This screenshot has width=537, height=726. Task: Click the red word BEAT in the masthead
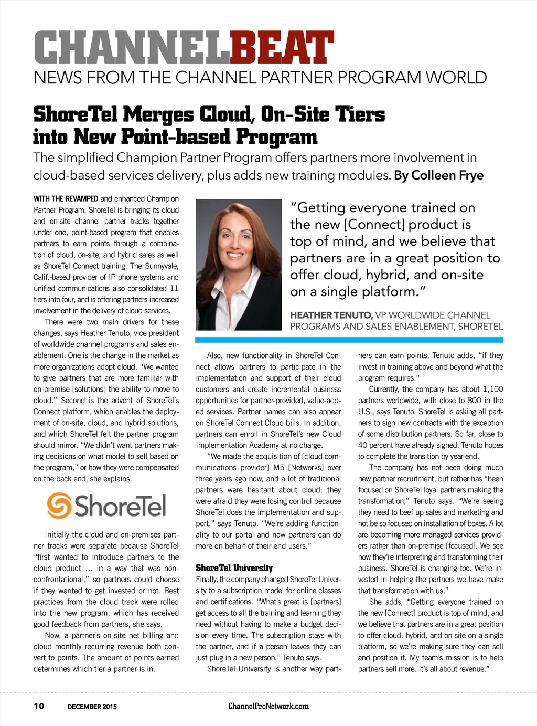(282, 48)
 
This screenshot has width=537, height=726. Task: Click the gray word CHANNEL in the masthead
(132, 48)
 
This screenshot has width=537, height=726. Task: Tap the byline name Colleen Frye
(447, 175)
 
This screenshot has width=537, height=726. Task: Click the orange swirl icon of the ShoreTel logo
(59, 505)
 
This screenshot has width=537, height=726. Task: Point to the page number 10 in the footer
(39, 706)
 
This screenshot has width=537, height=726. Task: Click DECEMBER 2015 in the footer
(92, 707)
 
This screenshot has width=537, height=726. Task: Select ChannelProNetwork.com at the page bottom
(268, 706)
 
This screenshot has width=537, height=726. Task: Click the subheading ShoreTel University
(234, 568)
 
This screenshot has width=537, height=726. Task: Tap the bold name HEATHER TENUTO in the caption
(331, 315)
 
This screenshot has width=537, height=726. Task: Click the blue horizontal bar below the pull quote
(349, 340)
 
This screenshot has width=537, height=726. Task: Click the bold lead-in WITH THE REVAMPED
(66, 199)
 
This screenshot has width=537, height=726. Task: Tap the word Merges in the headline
(158, 114)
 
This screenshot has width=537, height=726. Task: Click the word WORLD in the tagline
(456, 78)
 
